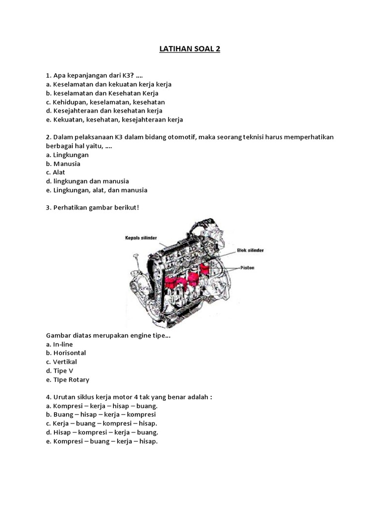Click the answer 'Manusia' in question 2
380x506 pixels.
point(63,164)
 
